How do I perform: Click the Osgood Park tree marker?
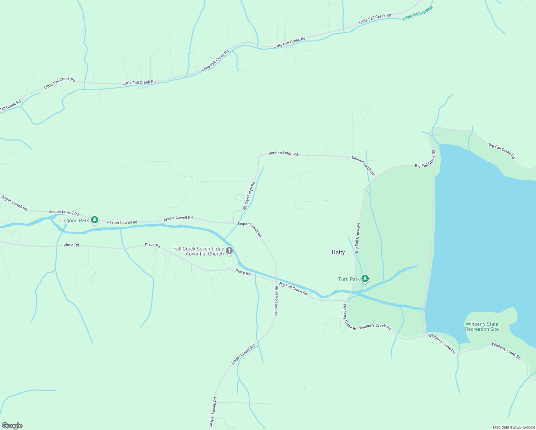(95, 220)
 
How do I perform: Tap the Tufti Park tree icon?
(365, 278)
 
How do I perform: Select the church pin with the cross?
(229, 250)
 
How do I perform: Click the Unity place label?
(338, 252)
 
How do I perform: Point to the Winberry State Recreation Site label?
(482, 326)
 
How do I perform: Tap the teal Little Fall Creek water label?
(417, 13)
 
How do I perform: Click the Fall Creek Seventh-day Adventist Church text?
(199, 251)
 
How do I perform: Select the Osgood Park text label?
(74, 220)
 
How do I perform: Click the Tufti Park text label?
(349, 279)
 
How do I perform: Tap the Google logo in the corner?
(12, 426)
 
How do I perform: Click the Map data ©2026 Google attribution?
(514, 427)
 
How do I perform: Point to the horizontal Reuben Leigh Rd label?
(283, 153)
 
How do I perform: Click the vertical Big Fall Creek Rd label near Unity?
(358, 238)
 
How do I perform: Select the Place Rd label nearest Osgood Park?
(71, 245)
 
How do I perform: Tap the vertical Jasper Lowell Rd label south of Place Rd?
(276, 300)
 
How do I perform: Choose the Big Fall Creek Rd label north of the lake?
(502, 150)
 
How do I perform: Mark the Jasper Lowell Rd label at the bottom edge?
(213, 412)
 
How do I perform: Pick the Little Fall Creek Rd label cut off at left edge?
(10, 106)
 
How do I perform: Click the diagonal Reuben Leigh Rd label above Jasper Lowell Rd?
(249, 196)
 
